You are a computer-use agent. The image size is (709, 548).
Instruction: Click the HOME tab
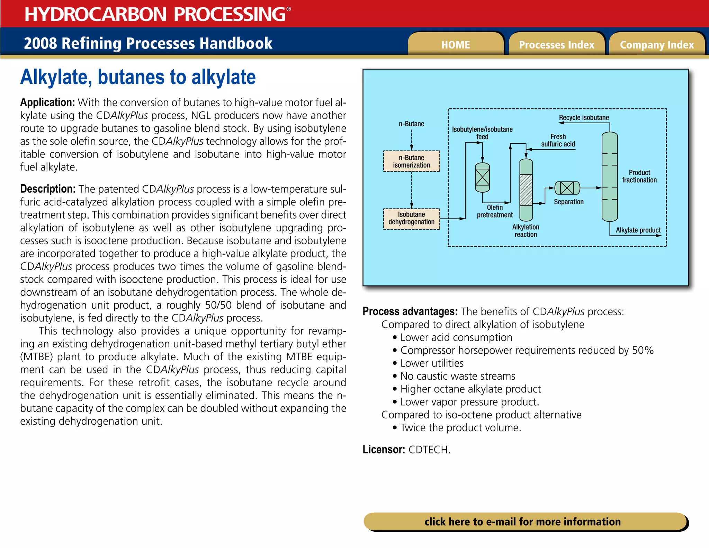click(456, 45)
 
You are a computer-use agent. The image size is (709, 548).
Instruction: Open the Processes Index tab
click(556, 45)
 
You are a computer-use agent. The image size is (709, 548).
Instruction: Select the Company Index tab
click(657, 45)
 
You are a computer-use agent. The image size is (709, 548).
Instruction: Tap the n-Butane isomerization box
click(411, 161)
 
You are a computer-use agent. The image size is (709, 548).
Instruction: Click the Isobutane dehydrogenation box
click(411, 219)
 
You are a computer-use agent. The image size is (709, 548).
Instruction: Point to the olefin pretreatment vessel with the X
click(482, 177)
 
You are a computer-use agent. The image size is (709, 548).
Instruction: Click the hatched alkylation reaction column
click(526, 190)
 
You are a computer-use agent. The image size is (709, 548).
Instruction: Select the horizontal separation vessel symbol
click(567, 188)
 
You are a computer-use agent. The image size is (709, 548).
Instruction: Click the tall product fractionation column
click(610, 177)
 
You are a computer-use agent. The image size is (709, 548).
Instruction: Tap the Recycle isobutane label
click(584, 118)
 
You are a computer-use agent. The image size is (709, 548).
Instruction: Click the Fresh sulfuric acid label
click(558, 140)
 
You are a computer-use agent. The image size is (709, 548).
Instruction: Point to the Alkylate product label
click(638, 230)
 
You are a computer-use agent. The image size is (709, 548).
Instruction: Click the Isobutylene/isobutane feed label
click(482, 133)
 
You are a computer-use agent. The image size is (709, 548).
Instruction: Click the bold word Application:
click(47, 103)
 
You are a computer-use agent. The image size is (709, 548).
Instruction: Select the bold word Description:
click(48, 189)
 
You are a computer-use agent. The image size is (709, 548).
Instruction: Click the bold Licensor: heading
click(384, 450)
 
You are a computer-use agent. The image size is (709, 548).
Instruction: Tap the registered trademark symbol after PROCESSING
click(289, 9)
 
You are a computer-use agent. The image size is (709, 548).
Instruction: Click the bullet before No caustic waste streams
click(395, 376)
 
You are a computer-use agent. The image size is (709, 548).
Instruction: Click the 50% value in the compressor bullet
click(643, 351)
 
